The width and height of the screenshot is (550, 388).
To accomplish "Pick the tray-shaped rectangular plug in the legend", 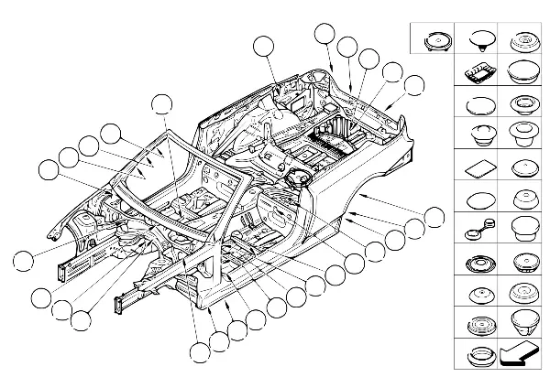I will [477, 73].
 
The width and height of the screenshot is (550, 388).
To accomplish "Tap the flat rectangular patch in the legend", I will [477, 168].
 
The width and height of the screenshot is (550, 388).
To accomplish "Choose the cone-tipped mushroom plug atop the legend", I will [477, 39].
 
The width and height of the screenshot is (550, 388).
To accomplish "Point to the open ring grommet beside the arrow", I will [477, 355].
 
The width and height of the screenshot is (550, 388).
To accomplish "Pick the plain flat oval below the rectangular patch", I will [477, 199].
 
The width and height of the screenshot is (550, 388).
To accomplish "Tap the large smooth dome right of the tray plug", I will [522, 73].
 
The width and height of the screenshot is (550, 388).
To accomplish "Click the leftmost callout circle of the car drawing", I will [27, 259].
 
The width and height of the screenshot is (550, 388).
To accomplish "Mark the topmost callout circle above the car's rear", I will [324, 34].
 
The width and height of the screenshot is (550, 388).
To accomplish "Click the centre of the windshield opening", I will [183, 174].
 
